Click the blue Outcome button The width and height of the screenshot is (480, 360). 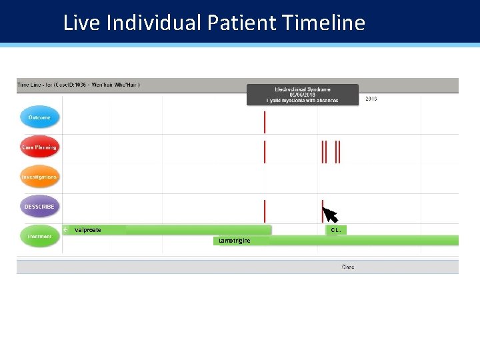click(x=39, y=117)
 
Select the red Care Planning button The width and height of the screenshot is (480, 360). click(x=39, y=147)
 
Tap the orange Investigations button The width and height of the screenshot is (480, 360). click(x=39, y=177)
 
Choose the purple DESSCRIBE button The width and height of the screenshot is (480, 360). click(x=39, y=207)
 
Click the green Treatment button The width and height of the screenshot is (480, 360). click(x=39, y=236)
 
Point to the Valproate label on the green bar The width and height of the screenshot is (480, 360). click(x=88, y=230)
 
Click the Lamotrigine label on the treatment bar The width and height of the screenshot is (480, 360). click(x=235, y=241)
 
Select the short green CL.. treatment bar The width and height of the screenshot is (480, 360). click(x=336, y=230)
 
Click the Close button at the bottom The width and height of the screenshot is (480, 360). click(x=348, y=267)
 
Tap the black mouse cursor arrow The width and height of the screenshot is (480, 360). click(x=329, y=214)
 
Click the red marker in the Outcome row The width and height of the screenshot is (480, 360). click(x=265, y=122)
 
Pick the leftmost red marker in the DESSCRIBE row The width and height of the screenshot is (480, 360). click(x=265, y=211)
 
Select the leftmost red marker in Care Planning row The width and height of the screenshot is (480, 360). click(x=265, y=152)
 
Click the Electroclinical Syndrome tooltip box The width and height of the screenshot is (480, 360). click(x=303, y=95)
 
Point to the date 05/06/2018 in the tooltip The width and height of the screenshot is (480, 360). click(x=303, y=95)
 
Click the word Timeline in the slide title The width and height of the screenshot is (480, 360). click(x=323, y=23)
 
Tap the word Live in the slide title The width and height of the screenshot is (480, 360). click(x=81, y=23)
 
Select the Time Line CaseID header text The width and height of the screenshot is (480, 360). click(x=78, y=85)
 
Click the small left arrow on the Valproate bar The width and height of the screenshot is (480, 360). click(x=66, y=230)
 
